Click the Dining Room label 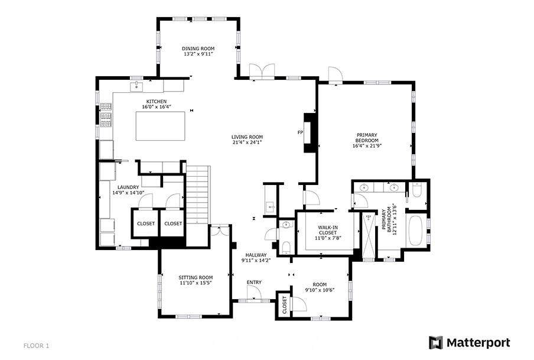coord(198,48)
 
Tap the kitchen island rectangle coord(161,126)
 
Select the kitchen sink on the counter coord(136,86)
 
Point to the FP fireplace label coord(300,132)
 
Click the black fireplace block coord(310,132)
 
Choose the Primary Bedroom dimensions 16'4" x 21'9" coord(367,145)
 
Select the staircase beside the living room coord(197,194)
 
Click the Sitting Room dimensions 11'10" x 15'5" coord(196,283)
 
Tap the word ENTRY coord(254,283)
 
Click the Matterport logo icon coord(435,343)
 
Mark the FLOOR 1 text coord(37,346)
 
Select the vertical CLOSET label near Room coord(284,305)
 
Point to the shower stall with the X coord(368,235)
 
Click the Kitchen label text coord(157,102)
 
